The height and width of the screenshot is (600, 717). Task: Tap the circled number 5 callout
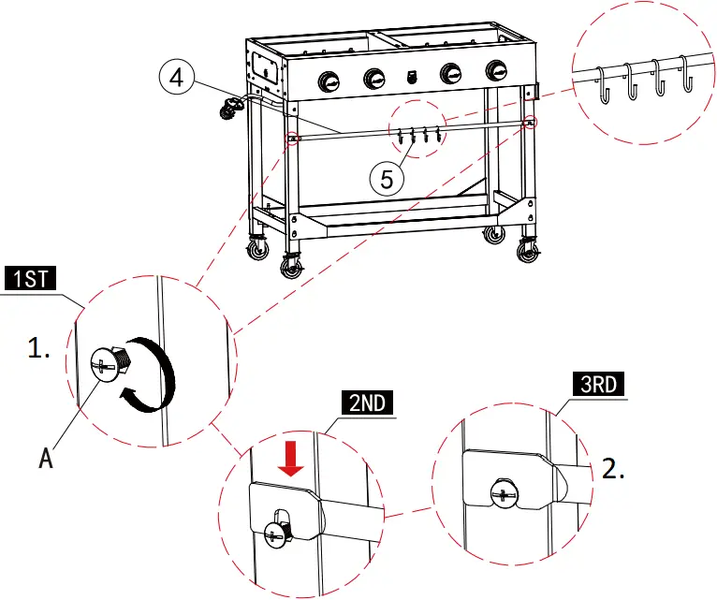coord(386,177)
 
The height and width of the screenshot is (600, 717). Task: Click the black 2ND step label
coord(365,404)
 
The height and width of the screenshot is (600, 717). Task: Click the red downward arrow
coord(293,460)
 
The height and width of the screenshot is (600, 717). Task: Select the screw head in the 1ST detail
coord(105,365)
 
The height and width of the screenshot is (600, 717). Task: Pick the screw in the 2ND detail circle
coord(278,533)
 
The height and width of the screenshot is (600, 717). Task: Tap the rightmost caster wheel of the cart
coord(527,251)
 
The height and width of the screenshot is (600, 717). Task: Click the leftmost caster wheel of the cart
coord(255,249)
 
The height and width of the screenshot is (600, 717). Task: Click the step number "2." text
coord(612,469)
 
